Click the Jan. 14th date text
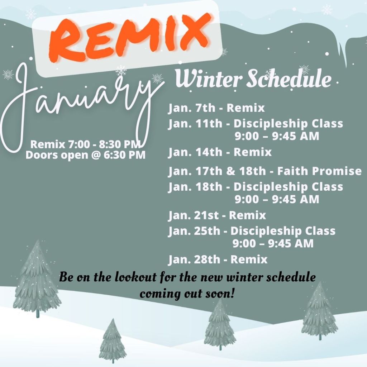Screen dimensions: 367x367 (x=195, y=152)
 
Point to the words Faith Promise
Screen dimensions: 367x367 (x=319, y=171)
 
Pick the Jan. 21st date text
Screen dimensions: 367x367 (x=194, y=215)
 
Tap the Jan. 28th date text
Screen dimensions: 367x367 (x=194, y=259)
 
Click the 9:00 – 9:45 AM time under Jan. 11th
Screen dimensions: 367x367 (x=277, y=136)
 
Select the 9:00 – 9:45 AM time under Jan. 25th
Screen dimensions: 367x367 (x=273, y=243)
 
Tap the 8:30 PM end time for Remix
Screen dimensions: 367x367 (x=120, y=144)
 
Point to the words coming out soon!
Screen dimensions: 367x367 (x=187, y=294)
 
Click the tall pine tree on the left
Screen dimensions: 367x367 (x=37, y=278)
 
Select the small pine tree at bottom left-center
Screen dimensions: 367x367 (x=113, y=340)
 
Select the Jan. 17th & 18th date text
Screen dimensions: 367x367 (x=217, y=171)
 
